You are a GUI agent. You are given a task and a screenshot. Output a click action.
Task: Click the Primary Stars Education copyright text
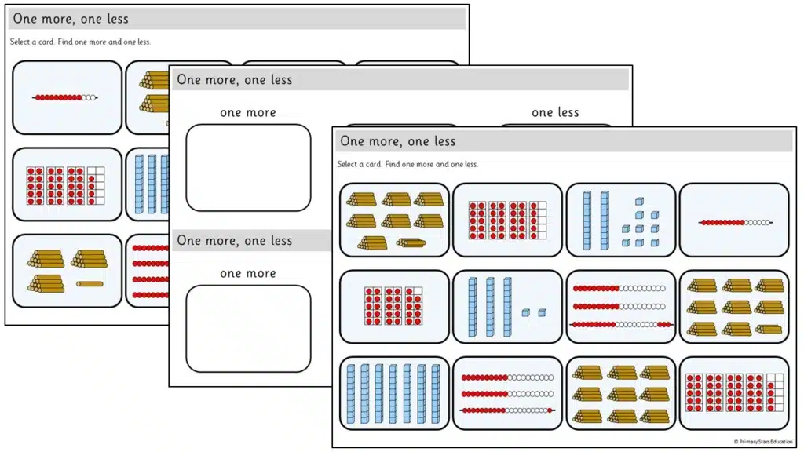[763, 442]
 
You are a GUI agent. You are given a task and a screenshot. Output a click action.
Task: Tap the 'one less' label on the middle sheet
[555, 112]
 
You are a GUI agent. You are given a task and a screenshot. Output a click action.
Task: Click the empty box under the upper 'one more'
[248, 168]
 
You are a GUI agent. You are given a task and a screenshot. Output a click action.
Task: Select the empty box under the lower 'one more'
[248, 329]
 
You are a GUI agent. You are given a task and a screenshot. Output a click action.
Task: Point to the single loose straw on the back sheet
[90, 284]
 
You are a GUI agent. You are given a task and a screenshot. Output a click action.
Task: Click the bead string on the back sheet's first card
[65, 97]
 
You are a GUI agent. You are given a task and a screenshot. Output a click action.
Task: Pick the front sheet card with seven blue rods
[394, 393]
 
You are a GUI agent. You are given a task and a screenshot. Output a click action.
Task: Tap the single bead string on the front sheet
[735, 222]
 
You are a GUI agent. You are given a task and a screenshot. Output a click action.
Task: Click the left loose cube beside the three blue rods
[525, 312]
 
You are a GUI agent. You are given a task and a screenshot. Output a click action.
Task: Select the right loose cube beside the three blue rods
[542, 312]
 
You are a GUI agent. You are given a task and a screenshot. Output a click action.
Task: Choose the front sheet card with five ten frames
[734, 393]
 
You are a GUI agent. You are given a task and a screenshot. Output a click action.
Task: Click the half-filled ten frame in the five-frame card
[775, 393]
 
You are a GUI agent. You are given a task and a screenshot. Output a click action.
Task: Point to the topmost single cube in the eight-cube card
[639, 202]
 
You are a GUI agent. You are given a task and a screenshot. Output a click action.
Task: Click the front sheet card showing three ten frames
[394, 307]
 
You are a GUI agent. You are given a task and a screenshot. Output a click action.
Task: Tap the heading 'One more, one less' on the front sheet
[398, 141]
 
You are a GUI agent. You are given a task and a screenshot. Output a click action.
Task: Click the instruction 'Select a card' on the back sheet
[31, 42]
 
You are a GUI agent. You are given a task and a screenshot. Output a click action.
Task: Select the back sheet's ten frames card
[68, 184]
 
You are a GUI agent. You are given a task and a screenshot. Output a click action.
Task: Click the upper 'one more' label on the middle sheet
[248, 112]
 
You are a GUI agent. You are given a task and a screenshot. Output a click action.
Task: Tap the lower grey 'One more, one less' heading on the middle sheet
[234, 240]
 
